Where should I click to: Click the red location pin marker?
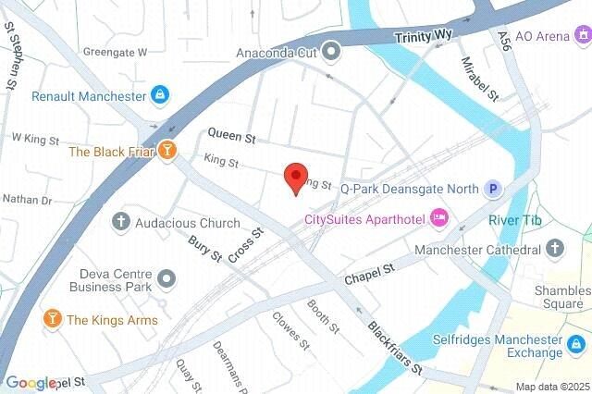coord(295,177)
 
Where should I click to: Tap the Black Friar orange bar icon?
coord(166,151)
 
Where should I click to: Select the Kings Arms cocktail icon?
coord(52,320)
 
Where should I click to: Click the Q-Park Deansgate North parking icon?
coord(495,189)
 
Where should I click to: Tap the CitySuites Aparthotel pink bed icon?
coord(440,219)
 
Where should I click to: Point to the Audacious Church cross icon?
coord(120,222)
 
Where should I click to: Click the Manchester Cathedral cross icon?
coord(554,249)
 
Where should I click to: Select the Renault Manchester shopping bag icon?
coord(161,95)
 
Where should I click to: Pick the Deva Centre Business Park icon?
coord(166,277)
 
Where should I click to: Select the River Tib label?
coord(508,220)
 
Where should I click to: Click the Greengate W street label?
coord(115,53)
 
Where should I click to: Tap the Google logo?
coord(31,383)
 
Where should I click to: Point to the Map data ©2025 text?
coord(551,387)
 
